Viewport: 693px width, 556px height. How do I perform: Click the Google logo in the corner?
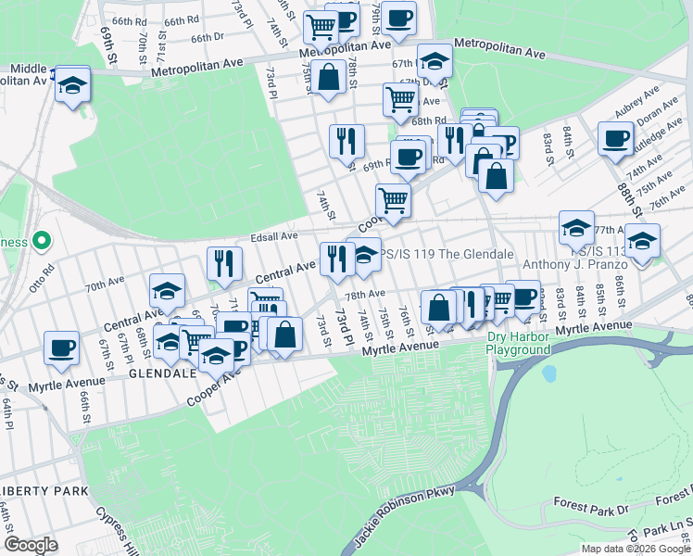coord(31,545)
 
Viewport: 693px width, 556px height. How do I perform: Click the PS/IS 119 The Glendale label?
coord(448,254)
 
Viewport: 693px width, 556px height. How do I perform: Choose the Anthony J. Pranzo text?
coord(577,264)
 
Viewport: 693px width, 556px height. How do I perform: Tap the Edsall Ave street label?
coord(270,237)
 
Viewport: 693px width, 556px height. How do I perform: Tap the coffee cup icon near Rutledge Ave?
coord(615,139)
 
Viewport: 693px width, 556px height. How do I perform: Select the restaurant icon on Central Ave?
coord(224,264)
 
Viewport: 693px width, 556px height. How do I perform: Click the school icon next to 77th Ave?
coord(576,228)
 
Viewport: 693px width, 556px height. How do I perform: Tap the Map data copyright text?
coord(636,549)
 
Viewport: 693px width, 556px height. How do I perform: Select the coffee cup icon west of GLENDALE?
coord(62,347)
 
